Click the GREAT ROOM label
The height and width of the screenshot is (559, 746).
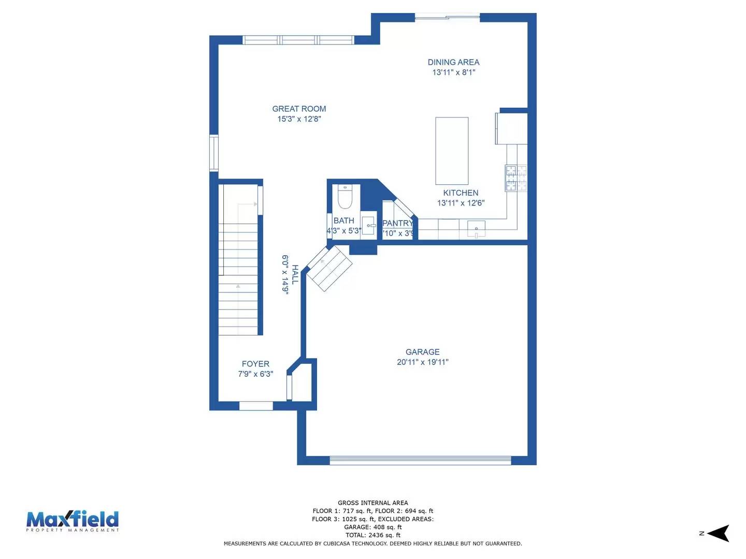pos(299,109)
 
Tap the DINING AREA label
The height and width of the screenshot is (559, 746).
pos(453,62)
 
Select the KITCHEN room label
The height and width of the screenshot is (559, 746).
pos(461,193)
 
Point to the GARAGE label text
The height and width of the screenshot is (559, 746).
pos(422,352)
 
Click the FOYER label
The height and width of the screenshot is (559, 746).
pos(255,364)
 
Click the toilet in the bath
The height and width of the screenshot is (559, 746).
pos(345,196)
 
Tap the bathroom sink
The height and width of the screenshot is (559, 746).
pos(369,226)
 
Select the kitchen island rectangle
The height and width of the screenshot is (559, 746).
pos(452,151)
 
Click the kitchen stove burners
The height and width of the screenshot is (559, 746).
pos(516,178)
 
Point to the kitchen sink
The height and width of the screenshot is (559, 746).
pos(476,228)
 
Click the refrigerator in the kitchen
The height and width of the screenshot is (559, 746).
pos(511,128)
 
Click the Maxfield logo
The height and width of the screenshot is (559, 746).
pos(73,521)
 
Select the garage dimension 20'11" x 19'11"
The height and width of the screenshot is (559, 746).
pos(422,362)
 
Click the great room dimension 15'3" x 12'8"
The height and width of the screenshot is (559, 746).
pos(299,119)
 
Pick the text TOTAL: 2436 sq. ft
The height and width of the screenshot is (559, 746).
pos(373,535)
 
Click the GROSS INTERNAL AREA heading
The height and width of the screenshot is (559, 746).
pos(373,503)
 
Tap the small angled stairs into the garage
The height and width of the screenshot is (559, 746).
pos(329,269)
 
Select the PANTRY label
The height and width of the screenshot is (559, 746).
pos(397,223)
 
